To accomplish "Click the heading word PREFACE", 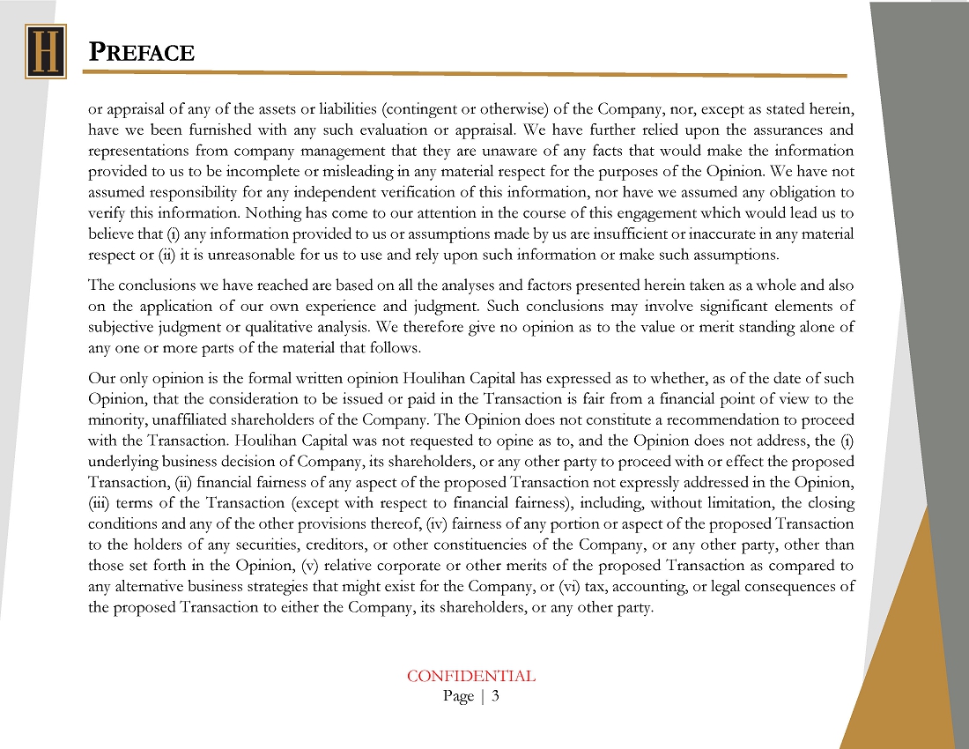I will tap(142, 52).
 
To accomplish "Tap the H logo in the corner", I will tap(46, 51).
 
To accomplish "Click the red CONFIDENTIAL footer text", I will tap(470, 677).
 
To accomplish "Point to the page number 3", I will tap(496, 696).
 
